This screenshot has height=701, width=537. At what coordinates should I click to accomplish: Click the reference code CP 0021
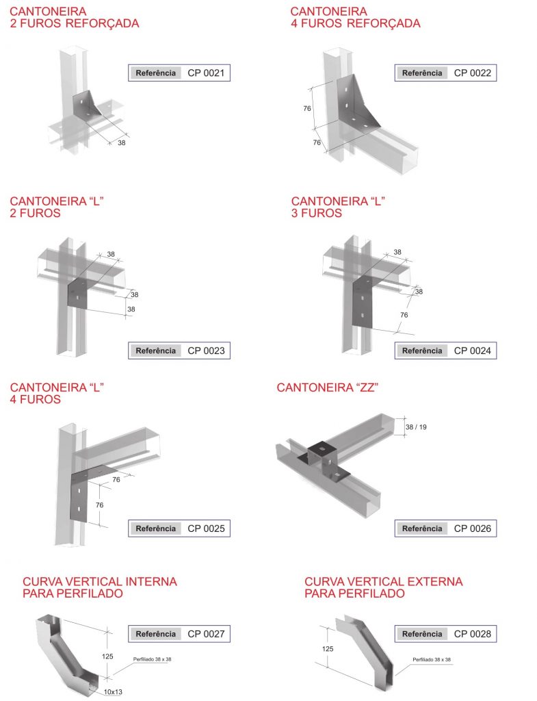[206, 73]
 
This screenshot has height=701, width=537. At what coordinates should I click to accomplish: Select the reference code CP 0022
[472, 73]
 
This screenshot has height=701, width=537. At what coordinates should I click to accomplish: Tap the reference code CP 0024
[472, 350]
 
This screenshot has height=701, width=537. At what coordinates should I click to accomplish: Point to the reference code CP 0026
[472, 528]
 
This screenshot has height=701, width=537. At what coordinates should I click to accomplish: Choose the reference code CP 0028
[472, 633]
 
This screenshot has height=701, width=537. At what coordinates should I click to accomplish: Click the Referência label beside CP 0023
[155, 350]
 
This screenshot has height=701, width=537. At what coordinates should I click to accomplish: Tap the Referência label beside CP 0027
[155, 633]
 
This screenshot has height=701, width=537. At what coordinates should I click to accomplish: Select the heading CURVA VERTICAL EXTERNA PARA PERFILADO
[383, 587]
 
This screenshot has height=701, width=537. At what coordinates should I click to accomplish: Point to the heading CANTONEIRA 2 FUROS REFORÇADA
[75, 17]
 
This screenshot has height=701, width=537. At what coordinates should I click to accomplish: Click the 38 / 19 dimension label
[416, 427]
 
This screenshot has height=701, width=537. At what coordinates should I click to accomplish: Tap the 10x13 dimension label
[113, 691]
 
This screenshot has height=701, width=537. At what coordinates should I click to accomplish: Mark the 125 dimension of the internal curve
[107, 657]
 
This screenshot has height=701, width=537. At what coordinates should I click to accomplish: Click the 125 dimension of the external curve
[328, 649]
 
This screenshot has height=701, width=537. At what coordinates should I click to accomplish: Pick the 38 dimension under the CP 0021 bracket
[122, 142]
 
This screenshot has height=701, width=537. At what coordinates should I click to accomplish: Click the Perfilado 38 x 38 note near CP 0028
[432, 659]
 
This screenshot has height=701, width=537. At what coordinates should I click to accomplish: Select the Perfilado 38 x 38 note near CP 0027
[152, 659]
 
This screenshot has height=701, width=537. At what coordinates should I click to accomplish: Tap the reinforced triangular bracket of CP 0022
[357, 104]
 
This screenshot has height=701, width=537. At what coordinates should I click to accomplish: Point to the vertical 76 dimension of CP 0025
[99, 505]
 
